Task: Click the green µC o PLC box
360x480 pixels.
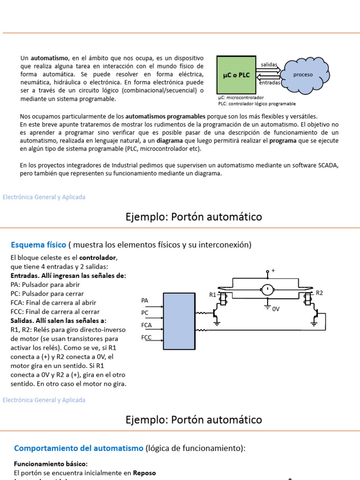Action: pos(236,75)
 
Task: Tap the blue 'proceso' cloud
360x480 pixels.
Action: pos(303,75)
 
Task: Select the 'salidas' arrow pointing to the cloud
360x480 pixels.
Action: pos(269,70)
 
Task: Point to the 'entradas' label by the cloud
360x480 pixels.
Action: pos(270,82)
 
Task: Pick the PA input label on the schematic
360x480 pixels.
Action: pos(145,300)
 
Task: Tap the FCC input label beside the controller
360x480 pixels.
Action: pos(146,337)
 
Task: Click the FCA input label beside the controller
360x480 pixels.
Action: pos(146,324)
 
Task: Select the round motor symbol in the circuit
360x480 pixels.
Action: pos(267,290)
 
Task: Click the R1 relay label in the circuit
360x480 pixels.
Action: pos(213,295)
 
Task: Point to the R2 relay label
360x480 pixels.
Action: pos(320,293)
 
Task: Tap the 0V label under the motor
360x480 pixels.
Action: pos(276,309)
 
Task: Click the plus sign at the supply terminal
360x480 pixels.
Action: pos(273,270)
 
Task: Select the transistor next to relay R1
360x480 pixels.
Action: pos(216,313)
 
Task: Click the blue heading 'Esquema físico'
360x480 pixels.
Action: pos(38,245)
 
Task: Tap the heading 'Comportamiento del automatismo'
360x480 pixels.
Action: pos(79,448)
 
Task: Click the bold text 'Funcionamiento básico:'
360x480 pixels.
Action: pos(51,464)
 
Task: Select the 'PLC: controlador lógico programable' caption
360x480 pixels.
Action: pos(257,104)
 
